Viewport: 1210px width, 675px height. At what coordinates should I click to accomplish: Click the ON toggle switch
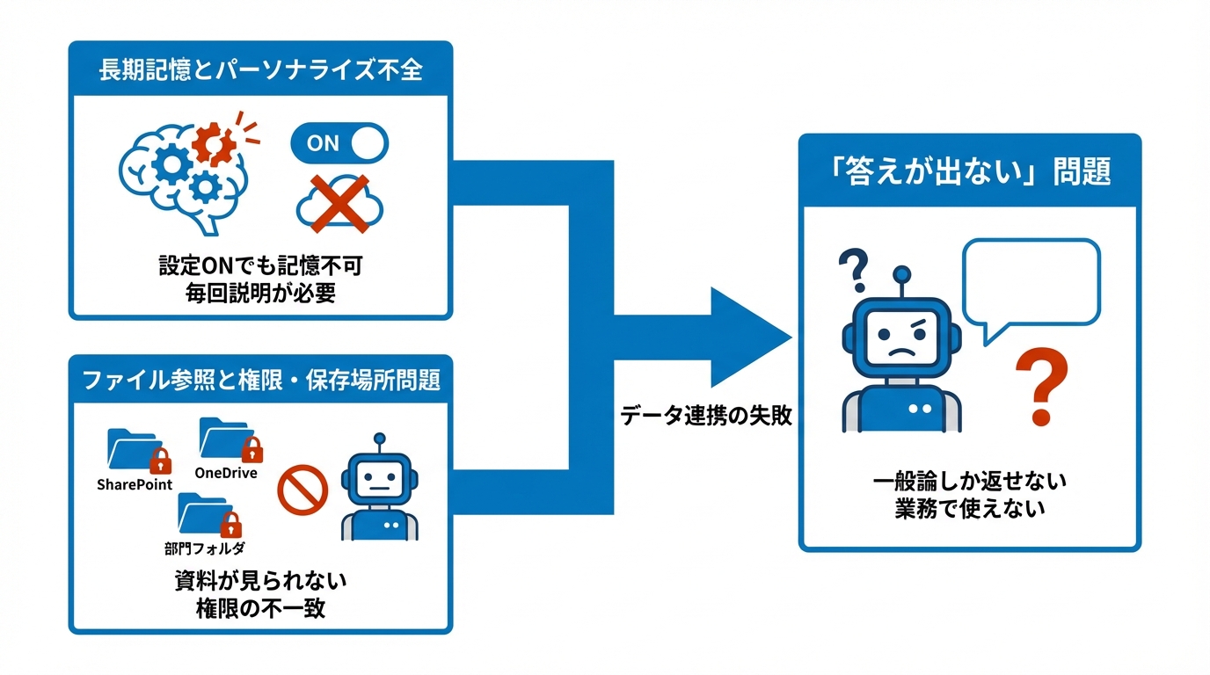click(x=339, y=143)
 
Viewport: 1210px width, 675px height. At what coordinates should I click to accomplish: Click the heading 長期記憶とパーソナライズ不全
click(x=260, y=69)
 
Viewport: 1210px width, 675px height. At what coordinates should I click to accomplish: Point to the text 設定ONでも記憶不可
click(x=260, y=266)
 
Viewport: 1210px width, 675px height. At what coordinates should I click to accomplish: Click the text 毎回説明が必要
click(x=260, y=293)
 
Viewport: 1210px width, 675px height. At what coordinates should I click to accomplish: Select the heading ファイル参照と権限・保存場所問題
click(x=260, y=381)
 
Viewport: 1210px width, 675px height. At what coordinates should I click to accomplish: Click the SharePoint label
click(x=135, y=484)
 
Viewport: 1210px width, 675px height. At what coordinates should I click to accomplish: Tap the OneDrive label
click(x=226, y=473)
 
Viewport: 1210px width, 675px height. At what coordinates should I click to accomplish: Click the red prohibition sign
click(x=302, y=490)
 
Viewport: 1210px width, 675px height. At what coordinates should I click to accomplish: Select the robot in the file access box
click(x=379, y=488)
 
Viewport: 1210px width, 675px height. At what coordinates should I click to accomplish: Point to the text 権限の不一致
click(x=260, y=607)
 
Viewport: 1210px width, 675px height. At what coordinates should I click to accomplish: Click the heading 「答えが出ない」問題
click(x=969, y=171)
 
